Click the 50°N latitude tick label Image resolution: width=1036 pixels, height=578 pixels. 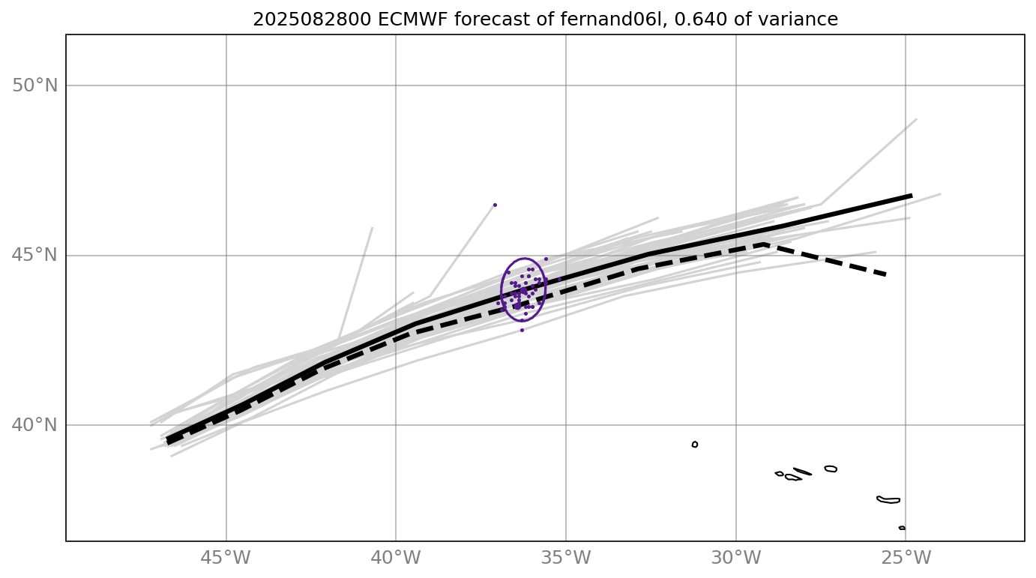click(x=35, y=85)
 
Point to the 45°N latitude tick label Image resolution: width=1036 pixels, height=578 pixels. click(x=35, y=256)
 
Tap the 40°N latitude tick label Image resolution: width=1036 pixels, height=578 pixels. click(x=35, y=425)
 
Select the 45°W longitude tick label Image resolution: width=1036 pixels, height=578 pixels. click(x=226, y=559)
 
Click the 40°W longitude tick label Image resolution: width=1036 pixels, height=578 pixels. click(x=396, y=559)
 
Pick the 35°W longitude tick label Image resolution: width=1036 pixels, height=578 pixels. click(x=566, y=559)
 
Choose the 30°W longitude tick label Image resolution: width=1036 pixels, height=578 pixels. click(x=736, y=559)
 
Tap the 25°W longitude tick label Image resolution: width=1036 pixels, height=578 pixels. click(x=906, y=559)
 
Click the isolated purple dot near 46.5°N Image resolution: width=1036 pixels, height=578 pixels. click(x=495, y=205)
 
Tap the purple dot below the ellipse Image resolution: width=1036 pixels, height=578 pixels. click(x=522, y=330)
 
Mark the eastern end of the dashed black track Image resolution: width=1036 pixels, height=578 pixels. click(x=887, y=275)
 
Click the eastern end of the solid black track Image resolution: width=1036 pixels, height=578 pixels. click(x=912, y=195)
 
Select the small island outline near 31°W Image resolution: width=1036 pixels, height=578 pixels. click(x=695, y=445)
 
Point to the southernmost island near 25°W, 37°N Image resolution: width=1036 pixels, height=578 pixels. click(x=902, y=528)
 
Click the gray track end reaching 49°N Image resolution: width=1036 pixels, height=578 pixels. click(x=916, y=119)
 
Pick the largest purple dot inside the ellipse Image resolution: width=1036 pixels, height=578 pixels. click(x=517, y=306)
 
